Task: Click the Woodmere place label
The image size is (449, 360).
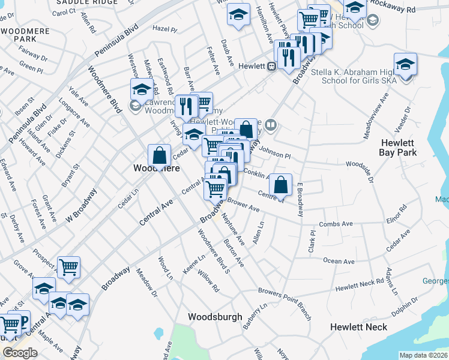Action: pyautogui.click(x=155, y=169)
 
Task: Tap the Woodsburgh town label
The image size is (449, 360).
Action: pyautogui.click(x=215, y=317)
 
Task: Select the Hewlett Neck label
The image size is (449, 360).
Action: pyautogui.click(x=358, y=327)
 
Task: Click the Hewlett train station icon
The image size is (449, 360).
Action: pyautogui.click(x=272, y=66)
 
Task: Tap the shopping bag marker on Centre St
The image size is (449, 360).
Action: pyautogui.click(x=280, y=185)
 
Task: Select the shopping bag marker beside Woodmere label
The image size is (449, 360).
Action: pyautogui.click(x=160, y=155)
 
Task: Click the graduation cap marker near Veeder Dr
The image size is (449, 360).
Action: pyautogui.click(x=406, y=65)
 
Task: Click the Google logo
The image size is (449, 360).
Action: pyautogui.click(x=19, y=353)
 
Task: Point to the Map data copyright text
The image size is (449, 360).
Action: pyautogui.click(x=424, y=355)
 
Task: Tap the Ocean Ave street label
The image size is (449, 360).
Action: pyautogui.click(x=339, y=262)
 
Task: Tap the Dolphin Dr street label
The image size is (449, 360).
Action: pyautogui.click(x=406, y=308)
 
